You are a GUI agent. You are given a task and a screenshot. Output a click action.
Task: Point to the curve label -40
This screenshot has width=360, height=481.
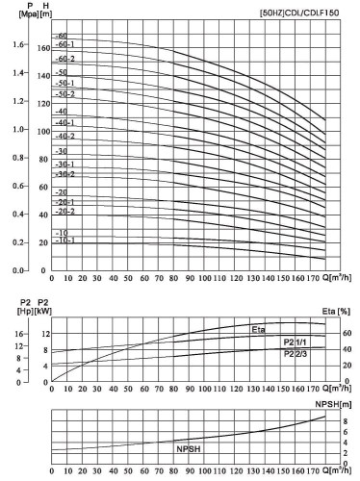click(x=63, y=112)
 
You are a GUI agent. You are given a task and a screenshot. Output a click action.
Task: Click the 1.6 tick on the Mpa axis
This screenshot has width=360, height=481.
click(x=19, y=45)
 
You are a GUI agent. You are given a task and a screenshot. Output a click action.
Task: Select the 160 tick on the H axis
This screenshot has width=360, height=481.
click(x=42, y=45)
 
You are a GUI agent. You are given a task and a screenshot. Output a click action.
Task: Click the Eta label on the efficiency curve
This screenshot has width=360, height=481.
click(x=258, y=330)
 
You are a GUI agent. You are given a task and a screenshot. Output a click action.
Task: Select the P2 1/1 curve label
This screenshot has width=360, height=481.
click(x=296, y=342)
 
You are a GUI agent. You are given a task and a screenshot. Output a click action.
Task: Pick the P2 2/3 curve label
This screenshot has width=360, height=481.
click(x=296, y=355)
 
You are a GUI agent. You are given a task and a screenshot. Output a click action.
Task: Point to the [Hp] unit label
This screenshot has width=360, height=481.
click(x=15, y=312)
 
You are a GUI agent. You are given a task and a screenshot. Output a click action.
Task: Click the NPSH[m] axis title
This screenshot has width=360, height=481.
click(x=340, y=408)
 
